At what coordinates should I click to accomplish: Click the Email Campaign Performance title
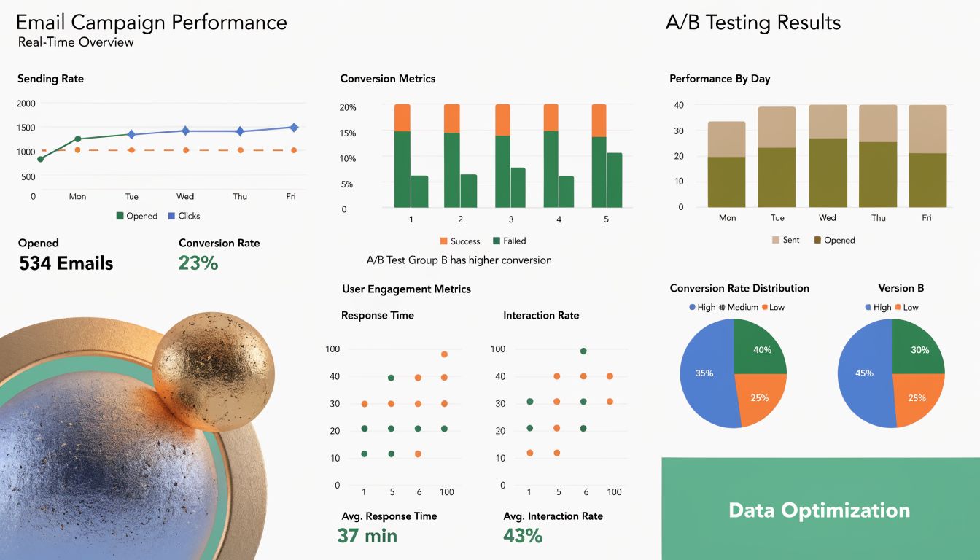click(x=152, y=22)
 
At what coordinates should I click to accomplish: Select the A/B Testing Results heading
click(x=753, y=22)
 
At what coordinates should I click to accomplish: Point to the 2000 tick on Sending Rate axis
click(x=26, y=104)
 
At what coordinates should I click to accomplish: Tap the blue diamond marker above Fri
click(x=294, y=128)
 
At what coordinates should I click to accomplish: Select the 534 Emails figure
click(x=66, y=263)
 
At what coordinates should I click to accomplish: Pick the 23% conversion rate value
click(x=198, y=263)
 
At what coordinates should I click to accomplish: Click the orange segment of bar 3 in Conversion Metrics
click(x=503, y=120)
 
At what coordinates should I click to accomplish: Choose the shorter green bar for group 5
click(x=615, y=180)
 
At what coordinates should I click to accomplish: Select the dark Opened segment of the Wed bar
click(x=828, y=173)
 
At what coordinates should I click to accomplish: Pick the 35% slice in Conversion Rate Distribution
click(x=704, y=373)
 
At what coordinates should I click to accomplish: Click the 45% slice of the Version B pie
click(x=864, y=373)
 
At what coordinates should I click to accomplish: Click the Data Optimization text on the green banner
click(x=819, y=510)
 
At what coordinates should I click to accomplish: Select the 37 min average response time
click(x=367, y=536)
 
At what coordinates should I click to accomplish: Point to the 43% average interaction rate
click(x=523, y=536)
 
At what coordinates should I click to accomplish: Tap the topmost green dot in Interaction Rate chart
click(x=583, y=351)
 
